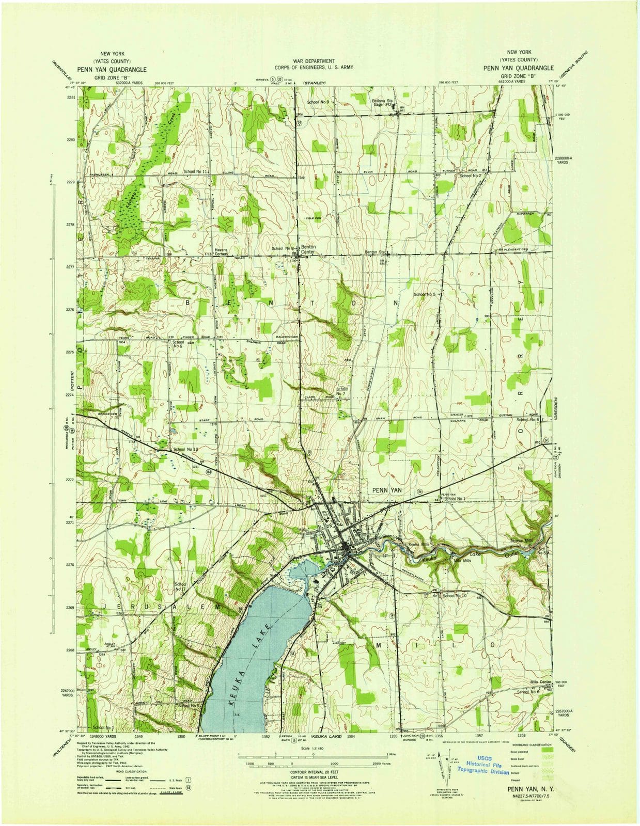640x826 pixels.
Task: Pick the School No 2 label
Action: pos(471,176)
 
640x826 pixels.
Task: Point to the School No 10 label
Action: pos(455,595)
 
